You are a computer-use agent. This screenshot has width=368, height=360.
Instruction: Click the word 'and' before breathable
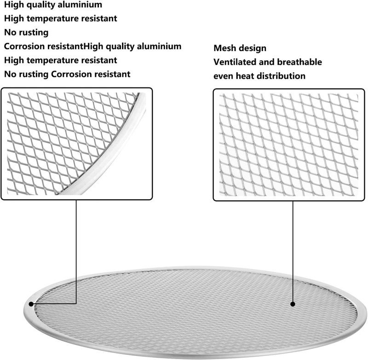[267, 62]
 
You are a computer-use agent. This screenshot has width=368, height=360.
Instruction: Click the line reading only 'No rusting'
[26, 33]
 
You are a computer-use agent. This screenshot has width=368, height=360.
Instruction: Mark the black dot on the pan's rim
[31, 304]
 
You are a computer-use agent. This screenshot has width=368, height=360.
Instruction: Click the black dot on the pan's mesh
[293, 304]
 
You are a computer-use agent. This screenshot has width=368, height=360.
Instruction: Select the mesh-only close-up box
[289, 145]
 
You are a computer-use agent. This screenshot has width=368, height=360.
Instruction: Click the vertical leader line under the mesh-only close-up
[293, 251]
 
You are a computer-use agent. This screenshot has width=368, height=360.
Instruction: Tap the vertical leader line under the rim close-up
[76, 252]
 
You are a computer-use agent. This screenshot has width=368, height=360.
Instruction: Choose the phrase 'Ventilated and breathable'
[268, 62]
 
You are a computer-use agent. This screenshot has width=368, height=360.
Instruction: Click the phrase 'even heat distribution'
[259, 76]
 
